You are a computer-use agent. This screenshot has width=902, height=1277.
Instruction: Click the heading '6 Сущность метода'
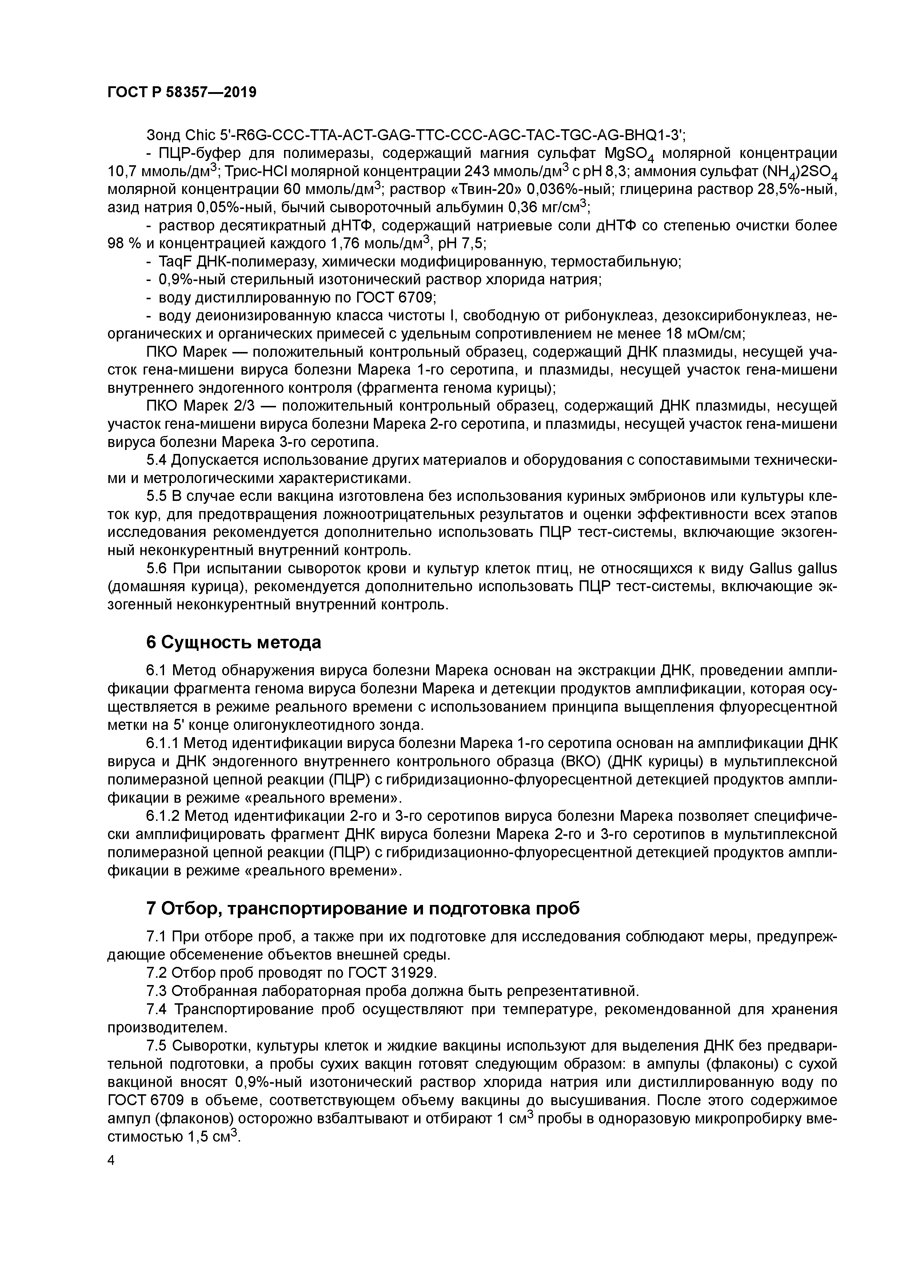[234, 643]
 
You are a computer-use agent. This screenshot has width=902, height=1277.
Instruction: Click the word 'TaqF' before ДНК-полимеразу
[172, 262]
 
